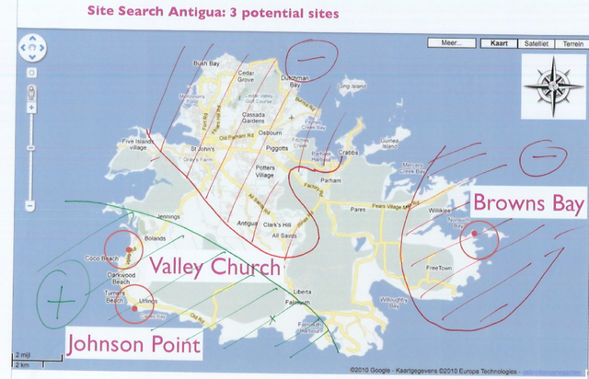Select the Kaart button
pyautogui.click(x=499, y=42)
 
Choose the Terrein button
pyautogui.click(x=572, y=42)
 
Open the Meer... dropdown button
pyautogui.click(x=451, y=42)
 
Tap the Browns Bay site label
pyautogui.click(x=528, y=204)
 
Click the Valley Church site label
pyautogui.click(x=214, y=268)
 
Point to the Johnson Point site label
pyautogui.click(x=133, y=345)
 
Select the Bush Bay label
pyautogui.click(x=204, y=63)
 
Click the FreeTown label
pyautogui.click(x=442, y=268)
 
